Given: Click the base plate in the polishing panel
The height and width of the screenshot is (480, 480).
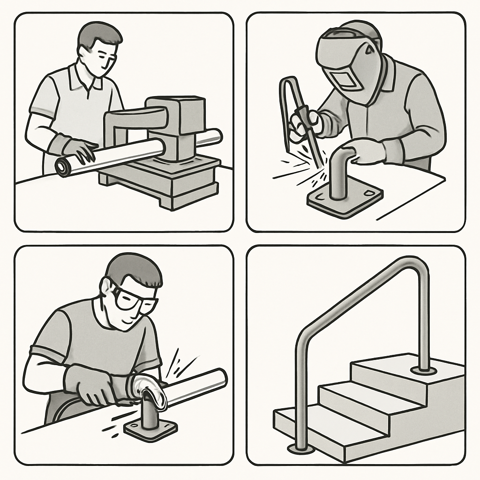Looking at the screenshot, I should click(150, 427).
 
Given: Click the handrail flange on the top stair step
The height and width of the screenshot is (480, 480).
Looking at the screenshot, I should click(423, 371).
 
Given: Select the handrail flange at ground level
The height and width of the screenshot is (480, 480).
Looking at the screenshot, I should click(300, 449).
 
